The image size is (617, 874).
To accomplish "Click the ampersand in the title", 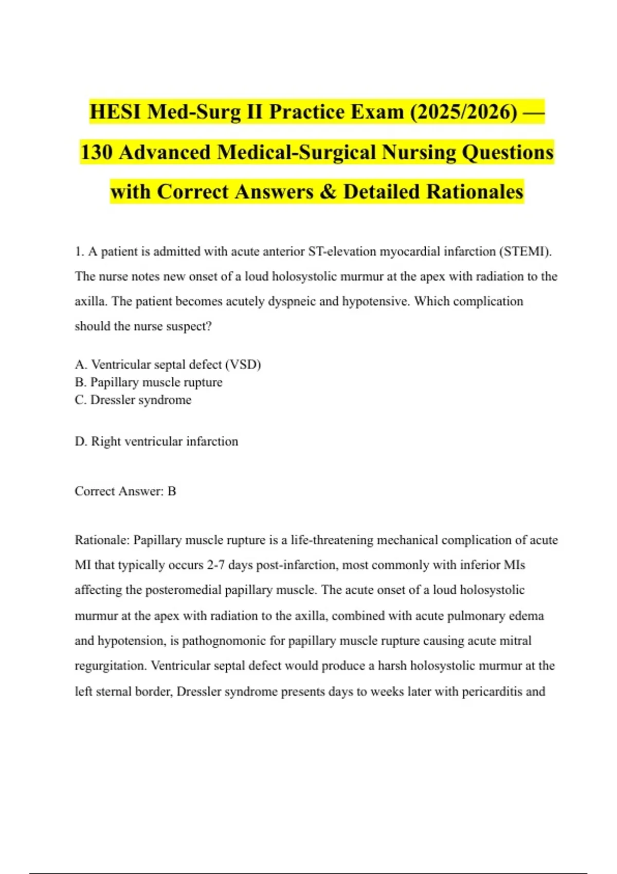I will [x=328, y=192].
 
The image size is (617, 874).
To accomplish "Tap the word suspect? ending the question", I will [x=189, y=326].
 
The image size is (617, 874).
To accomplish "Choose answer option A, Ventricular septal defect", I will [x=168, y=365].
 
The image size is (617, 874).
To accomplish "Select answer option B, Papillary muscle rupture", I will [x=149, y=382].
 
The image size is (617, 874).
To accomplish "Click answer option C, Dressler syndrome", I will [x=133, y=400].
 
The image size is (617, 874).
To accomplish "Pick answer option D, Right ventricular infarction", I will [x=156, y=441].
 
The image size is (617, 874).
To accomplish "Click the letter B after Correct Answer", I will [x=172, y=491].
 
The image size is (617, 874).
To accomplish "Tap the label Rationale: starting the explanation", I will [x=102, y=540].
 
